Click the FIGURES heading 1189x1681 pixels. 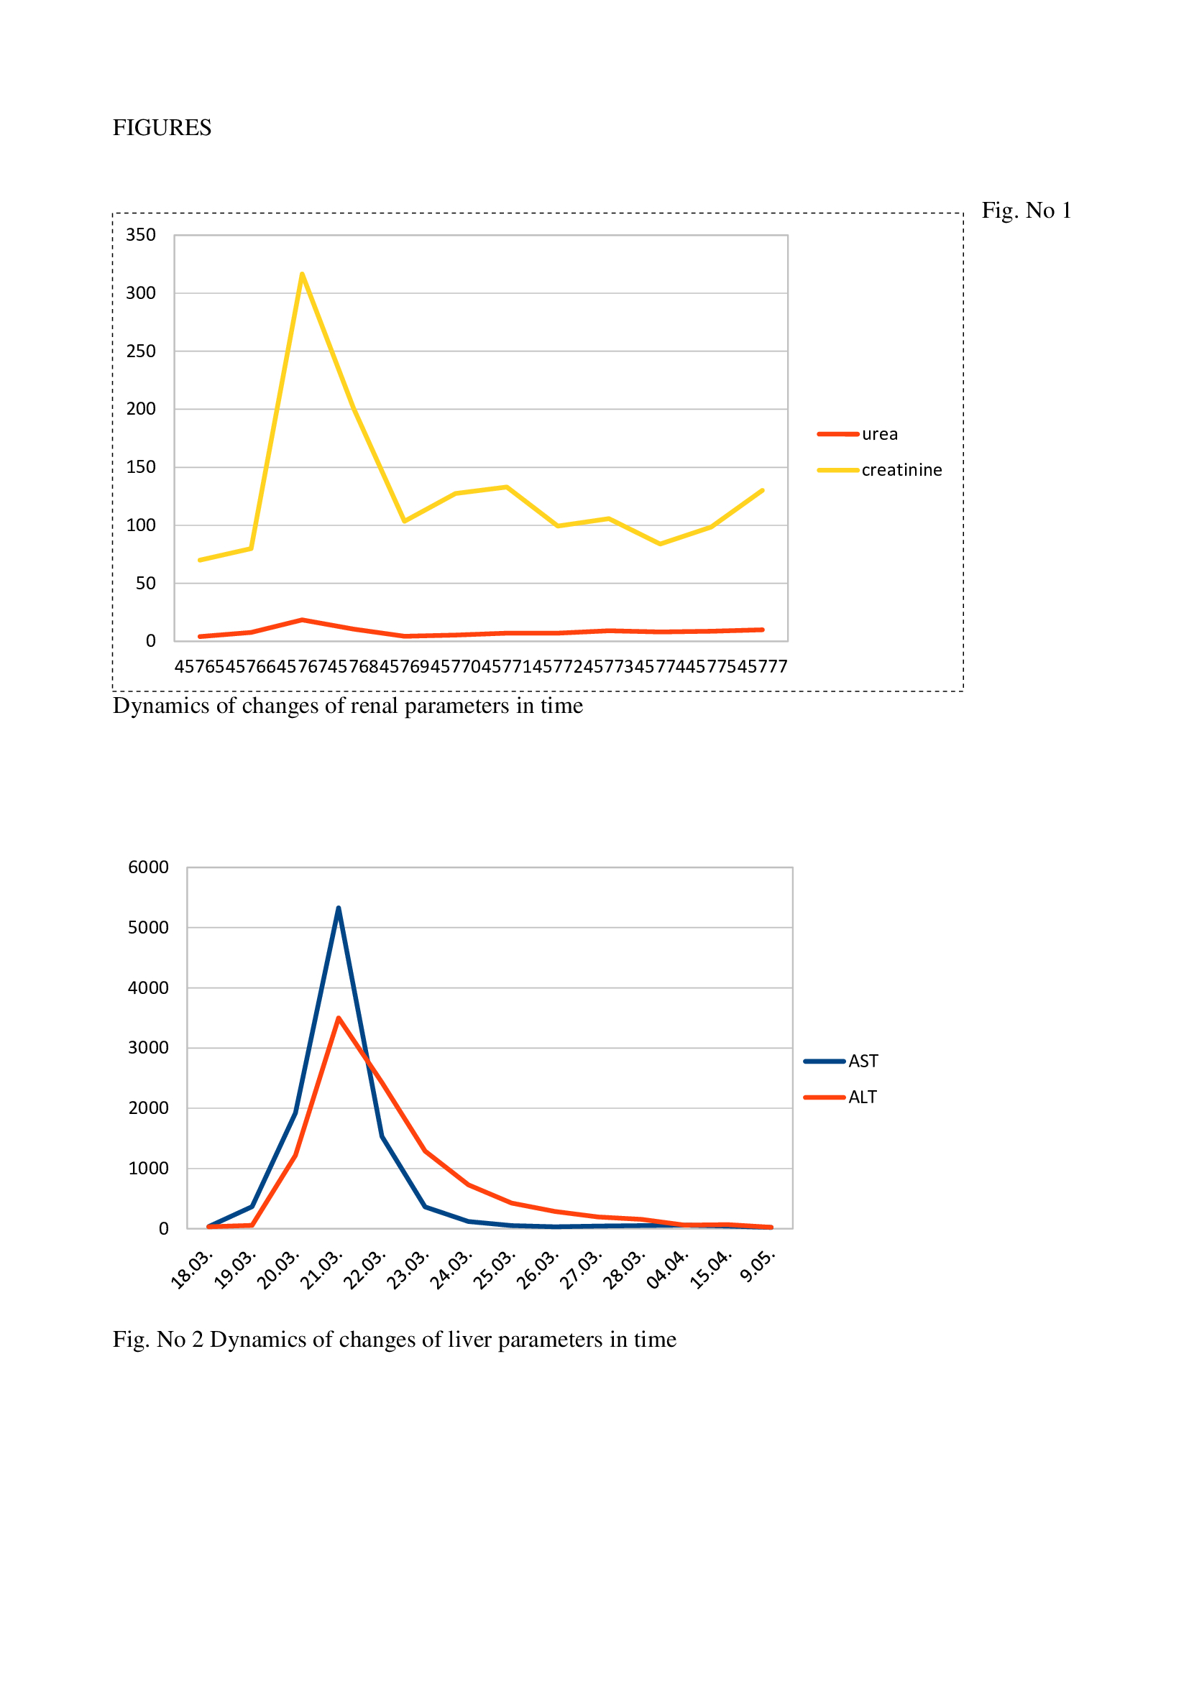pos(162,128)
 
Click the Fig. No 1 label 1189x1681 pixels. pos(1026,211)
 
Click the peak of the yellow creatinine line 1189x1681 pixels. pos(303,275)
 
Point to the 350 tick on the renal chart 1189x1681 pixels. pos(141,235)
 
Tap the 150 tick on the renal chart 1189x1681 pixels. pos(141,467)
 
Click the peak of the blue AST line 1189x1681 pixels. pos(339,908)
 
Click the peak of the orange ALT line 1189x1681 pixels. pos(339,1018)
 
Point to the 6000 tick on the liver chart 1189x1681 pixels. pos(148,867)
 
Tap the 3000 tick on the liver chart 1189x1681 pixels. pos(148,1048)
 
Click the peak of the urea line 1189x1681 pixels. pos(303,620)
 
